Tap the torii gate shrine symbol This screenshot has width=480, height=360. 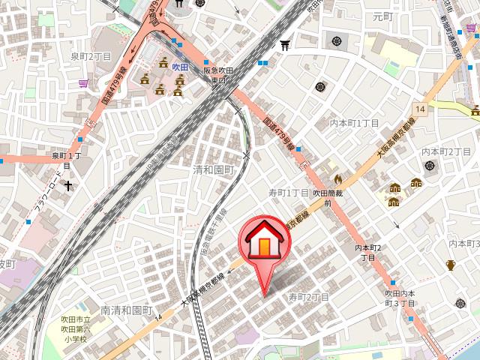coord(285,46)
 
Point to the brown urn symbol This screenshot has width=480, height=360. coord(451,265)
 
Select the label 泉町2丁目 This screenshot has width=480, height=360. coord(91,56)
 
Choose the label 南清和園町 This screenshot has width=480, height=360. coord(126,310)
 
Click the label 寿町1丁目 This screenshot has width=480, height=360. coord(289,193)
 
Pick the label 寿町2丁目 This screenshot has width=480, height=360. coord(309,297)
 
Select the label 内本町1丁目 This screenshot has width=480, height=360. coord(355,122)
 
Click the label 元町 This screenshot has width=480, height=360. coord(382,15)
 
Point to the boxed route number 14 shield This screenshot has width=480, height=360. coord(421,109)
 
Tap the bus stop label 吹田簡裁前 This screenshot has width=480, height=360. coord(328,197)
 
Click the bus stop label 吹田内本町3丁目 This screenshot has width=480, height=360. coord(400,298)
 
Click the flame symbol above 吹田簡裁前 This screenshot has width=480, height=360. coord(337,179)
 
